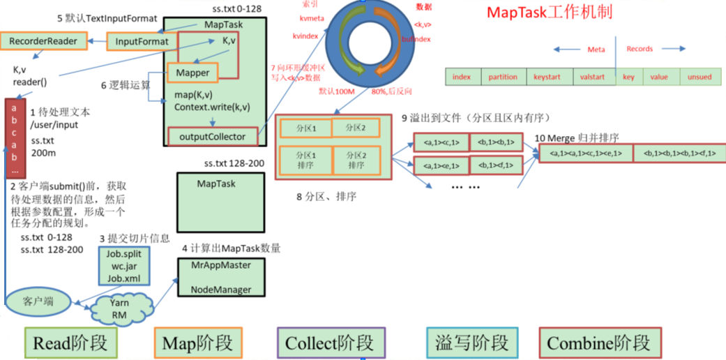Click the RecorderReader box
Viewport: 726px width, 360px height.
43,41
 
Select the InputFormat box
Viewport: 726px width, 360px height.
142,42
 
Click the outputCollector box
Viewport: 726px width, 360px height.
212,137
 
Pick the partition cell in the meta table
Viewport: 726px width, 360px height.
503,77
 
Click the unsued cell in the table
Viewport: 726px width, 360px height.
699,77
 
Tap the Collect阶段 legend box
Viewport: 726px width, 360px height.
330,343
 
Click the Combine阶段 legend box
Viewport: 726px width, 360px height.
599,343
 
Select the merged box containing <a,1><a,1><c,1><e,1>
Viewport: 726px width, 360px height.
585,153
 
